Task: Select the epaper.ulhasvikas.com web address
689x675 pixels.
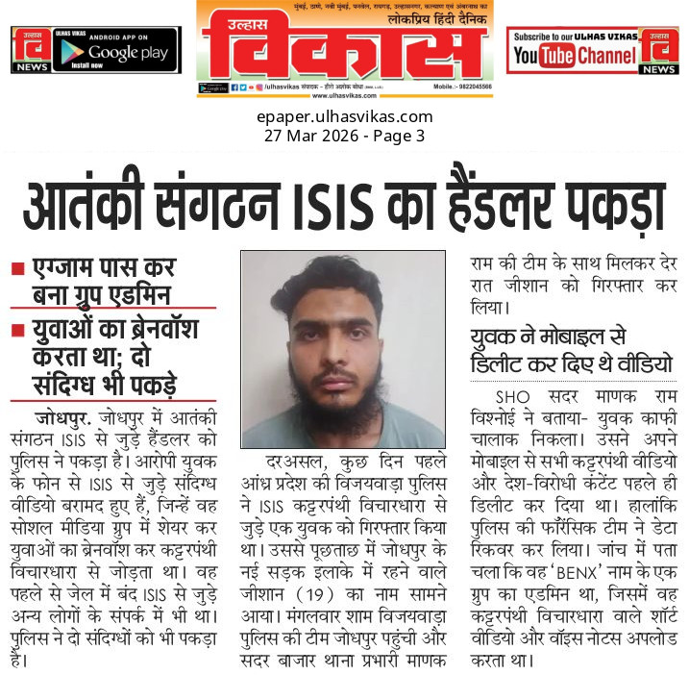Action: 344,117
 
